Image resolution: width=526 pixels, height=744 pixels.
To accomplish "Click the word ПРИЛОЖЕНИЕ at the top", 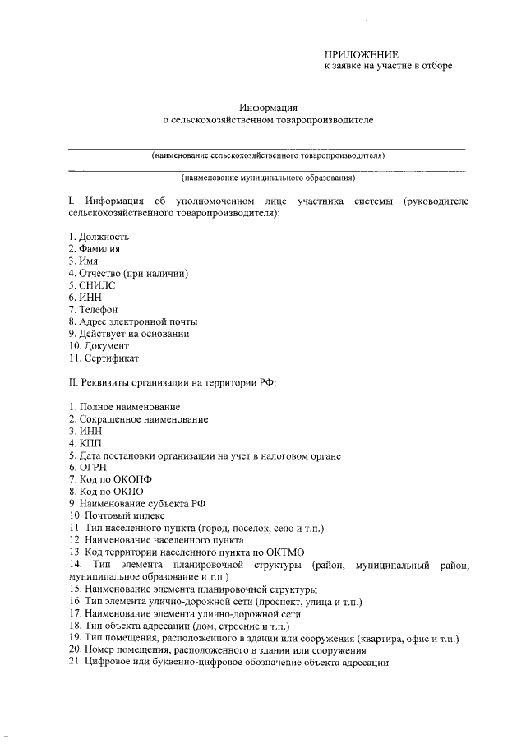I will point(362,53).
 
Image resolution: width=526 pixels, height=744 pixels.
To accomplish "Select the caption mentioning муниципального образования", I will point(268,177).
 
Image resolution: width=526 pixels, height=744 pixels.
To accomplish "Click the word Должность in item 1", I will point(104,237).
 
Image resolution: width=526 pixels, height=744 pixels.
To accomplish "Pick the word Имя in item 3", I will point(89,261).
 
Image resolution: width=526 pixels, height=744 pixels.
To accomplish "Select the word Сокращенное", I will point(112,419).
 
